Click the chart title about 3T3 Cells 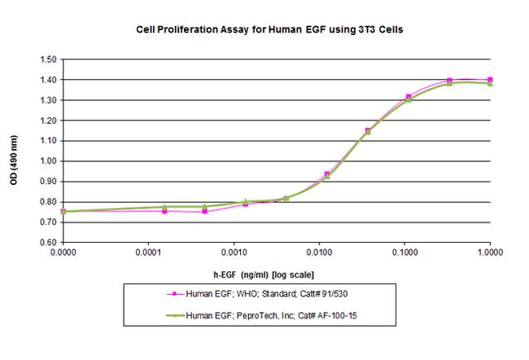[x=269, y=29]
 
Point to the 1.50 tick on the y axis [x=46, y=60]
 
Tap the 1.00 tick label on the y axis [x=46, y=161]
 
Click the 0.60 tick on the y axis [x=46, y=243]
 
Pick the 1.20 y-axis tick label [x=46, y=121]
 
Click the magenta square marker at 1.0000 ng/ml [x=490, y=80]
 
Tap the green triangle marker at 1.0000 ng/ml [x=490, y=84]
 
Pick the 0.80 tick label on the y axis [x=46, y=202]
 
